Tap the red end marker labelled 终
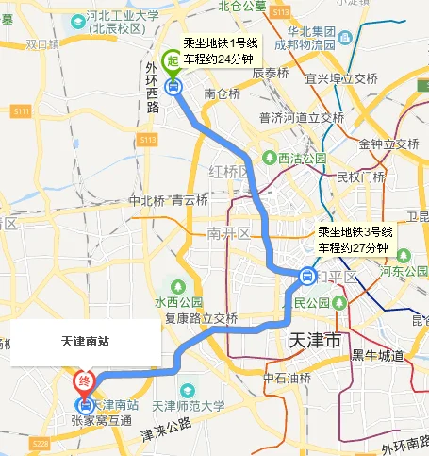coord(85,382)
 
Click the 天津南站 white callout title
coord(85,342)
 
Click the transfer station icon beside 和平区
coord(307,277)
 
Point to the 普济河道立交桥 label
coord(301,118)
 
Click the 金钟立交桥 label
coord(388,144)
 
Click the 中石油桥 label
coord(287,378)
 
